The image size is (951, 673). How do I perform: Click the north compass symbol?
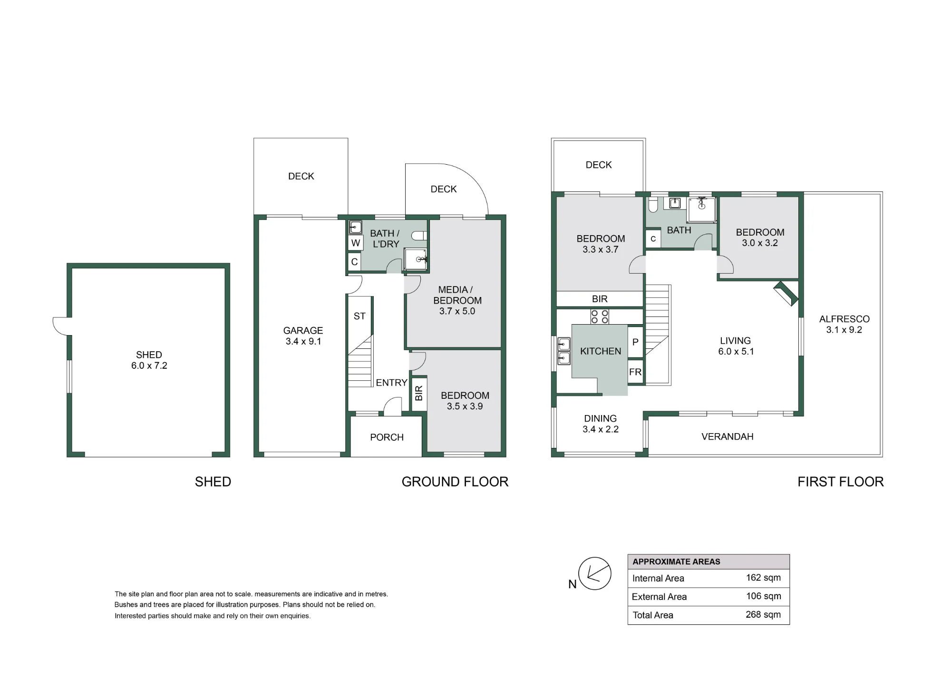click(594, 574)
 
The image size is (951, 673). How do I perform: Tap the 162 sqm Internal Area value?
click(763, 578)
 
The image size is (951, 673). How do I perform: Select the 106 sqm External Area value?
click(763, 596)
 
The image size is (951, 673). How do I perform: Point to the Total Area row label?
click(653, 615)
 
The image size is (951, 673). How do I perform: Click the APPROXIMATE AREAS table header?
click(676, 562)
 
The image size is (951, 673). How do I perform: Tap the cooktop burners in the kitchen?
click(599, 317)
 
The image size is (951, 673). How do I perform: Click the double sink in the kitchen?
click(564, 351)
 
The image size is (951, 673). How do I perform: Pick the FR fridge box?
click(635, 372)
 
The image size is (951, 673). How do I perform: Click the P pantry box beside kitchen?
click(636, 342)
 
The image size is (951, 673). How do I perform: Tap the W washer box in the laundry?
click(355, 243)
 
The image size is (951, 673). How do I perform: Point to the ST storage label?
click(359, 316)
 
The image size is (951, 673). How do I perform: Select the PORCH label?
click(387, 437)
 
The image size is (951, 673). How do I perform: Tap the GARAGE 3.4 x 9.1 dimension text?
click(303, 341)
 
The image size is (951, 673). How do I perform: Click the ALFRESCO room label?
click(844, 319)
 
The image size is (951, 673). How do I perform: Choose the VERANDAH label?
click(728, 436)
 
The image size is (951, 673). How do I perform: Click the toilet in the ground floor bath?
click(419, 236)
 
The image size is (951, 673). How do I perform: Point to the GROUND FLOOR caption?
click(455, 482)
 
